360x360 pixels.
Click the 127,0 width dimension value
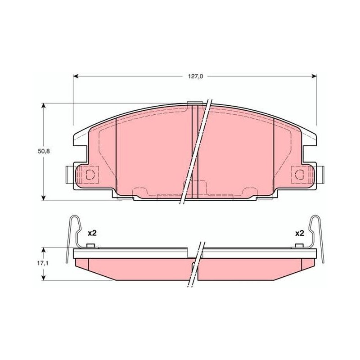(196, 76)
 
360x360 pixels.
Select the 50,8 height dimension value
(44, 151)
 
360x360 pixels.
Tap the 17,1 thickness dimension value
(43, 263)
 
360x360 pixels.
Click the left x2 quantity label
(92, 233)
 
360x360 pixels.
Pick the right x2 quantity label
(299, 234)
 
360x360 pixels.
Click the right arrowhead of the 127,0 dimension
(314, 76)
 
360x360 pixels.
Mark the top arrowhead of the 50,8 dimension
(43, 106)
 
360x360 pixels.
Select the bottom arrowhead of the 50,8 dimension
(43, 198)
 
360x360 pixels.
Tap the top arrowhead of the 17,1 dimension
(43, 250)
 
